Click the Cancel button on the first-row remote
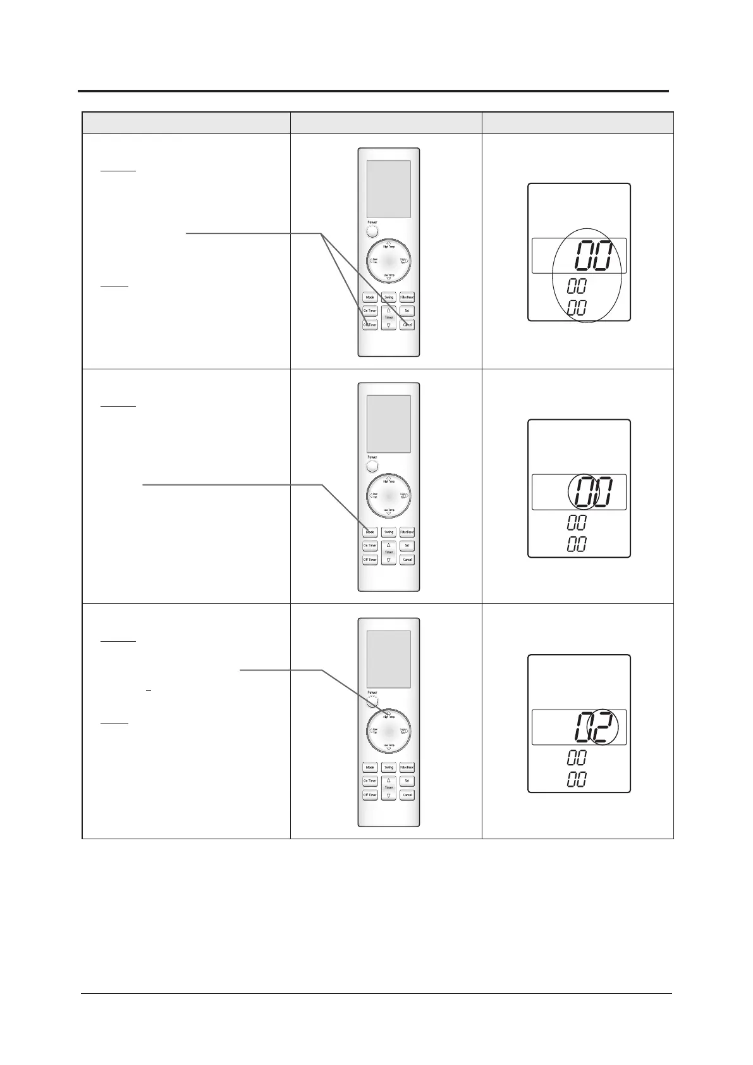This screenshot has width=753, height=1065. tap(407, 324)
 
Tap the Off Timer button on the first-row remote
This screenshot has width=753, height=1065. tap(370, 324)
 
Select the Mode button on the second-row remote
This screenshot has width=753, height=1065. tap(370, 532)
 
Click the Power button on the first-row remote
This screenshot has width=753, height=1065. tap(372, 231)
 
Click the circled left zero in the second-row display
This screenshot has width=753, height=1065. tap(582, 492)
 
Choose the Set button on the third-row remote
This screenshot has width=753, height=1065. tap(407, 781)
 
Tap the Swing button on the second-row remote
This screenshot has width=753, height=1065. tap(388, 532)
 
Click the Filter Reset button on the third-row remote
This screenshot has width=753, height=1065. tap(407, 767)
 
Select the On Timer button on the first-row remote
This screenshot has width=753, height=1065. tap(370, 311)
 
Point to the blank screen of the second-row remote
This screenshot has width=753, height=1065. tap(388, 424)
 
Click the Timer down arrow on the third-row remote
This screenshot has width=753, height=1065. tap(388, 795)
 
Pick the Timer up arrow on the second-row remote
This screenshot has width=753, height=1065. tap(388, 545)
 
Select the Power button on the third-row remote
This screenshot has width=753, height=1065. tap(372, 702)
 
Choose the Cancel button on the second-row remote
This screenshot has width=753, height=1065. tap(407, 560)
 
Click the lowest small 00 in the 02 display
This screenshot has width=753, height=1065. tap(577, 779)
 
